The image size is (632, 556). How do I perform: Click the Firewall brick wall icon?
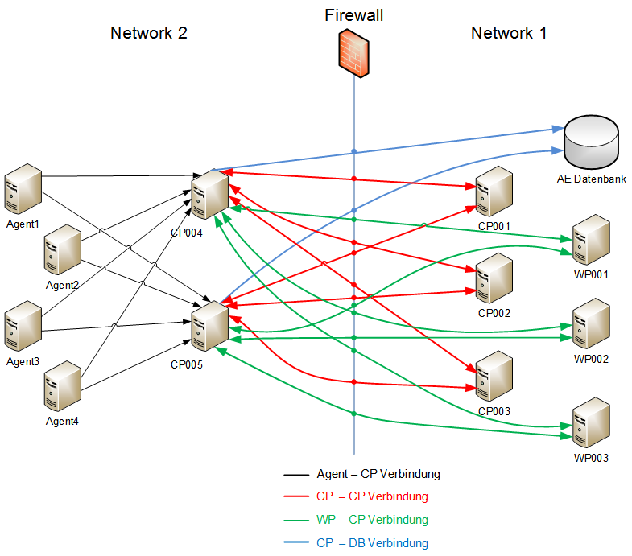coord(353,53)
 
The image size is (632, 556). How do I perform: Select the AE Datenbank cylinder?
coord(591,142)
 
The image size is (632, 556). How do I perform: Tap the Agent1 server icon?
coord(23,188)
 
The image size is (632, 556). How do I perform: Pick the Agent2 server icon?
coord(63,249)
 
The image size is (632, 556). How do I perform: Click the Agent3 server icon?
coord(23,326)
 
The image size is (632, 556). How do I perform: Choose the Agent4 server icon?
coord(63,386)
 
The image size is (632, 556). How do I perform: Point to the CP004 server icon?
coord(210,194)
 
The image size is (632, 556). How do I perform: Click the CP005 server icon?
coord(210,326)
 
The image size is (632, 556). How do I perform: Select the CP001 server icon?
coord(494,192)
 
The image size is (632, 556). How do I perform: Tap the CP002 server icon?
coord(494,278)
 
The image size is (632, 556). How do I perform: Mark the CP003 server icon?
coord(494,376)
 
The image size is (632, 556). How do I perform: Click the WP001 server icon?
coord(591,240)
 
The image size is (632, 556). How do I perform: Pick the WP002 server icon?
coord(591,323)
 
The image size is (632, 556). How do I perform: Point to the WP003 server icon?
coord(591,422)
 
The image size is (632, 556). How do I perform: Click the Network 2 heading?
coord(149,33)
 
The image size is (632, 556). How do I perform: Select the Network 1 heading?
coord(509,33)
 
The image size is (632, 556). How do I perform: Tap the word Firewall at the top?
coord(354,15)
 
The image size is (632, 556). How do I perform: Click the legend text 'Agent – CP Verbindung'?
coord(378,474)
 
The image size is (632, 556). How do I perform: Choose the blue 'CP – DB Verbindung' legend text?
coord(372,543)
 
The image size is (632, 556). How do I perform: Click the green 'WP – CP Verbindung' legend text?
coord(372,520)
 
